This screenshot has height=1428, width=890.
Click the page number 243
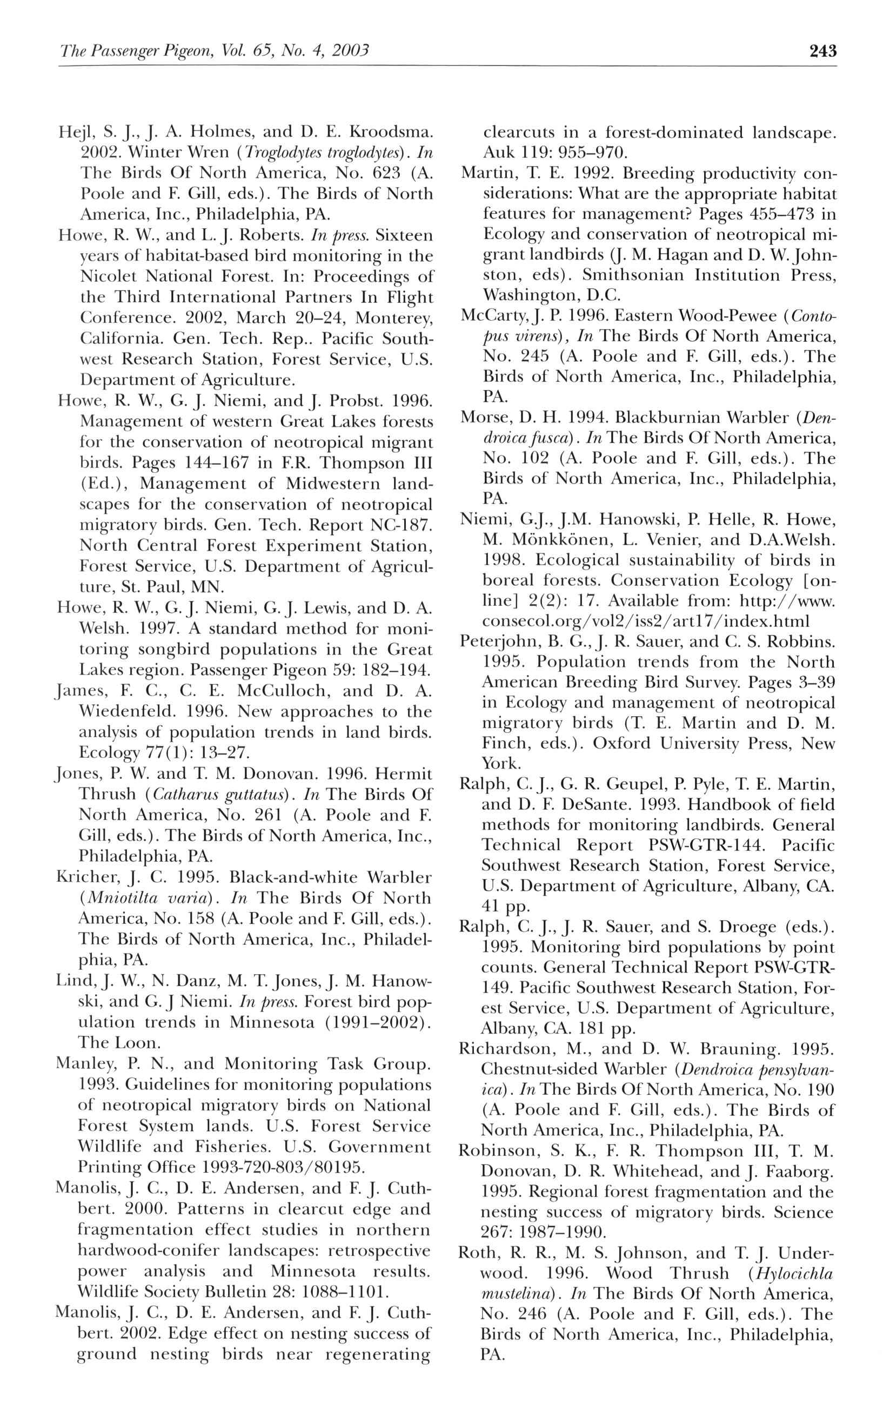(x=822, y=52)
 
